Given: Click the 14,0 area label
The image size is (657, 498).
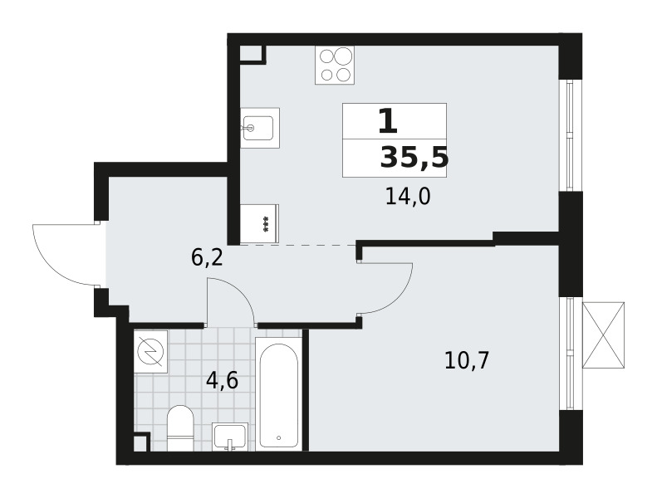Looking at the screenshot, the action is click(408, 197).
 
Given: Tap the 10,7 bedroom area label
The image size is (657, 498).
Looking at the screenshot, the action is click(466, 360).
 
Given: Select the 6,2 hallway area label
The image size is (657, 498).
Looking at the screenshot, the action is click(207, 257).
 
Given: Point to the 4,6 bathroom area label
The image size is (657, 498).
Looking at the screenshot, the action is click(222, 380).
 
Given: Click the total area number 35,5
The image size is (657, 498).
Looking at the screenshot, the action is click(414, 159).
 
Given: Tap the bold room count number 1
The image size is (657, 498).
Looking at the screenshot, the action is click(388, 120).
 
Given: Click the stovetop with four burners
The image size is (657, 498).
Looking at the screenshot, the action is click(335, 65).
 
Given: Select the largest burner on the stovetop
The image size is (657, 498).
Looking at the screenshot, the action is click(343, 56).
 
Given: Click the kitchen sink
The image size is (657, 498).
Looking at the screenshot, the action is click(260, 128).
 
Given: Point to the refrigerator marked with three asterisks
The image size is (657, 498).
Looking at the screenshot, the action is click(259, 223).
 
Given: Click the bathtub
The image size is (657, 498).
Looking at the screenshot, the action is click(278, 395).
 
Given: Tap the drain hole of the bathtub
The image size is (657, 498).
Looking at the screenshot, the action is click(278, 438).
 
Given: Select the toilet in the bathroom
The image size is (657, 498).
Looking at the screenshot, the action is click(180, 428).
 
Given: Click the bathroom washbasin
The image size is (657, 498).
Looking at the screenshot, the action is click(230, 437).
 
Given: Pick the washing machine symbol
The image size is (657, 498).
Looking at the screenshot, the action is click(150, 351).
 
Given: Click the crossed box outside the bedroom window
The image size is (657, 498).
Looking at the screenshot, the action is click(603, 335).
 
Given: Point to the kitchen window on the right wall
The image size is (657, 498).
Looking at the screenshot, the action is click(570, 134).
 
